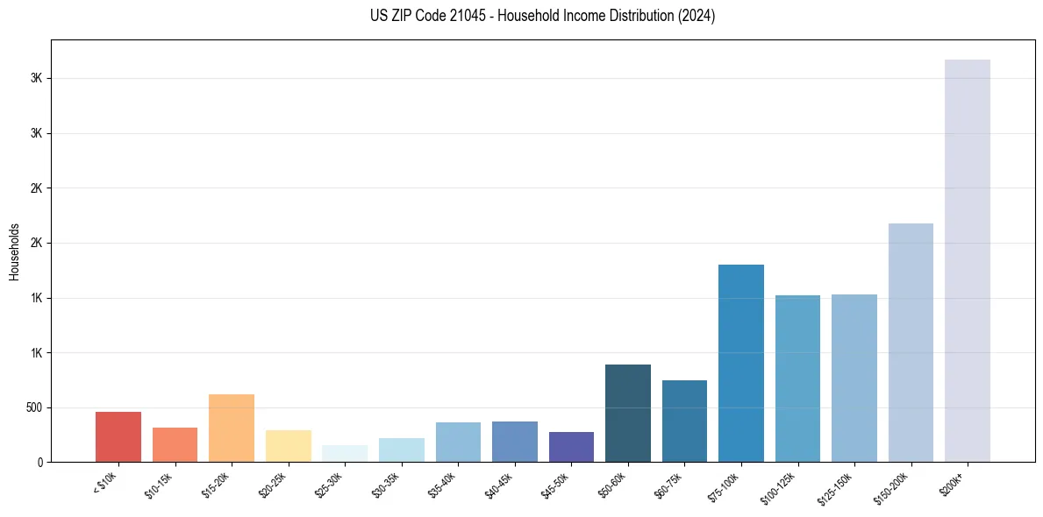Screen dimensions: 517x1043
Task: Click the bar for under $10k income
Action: tap(118, 436)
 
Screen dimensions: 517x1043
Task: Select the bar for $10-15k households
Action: tap(175, 444)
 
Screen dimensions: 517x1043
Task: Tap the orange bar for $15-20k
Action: tap(232, 428)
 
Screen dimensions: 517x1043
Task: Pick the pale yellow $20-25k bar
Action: tap(288, 446)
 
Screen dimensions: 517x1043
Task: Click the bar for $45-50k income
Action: tap(571, 447)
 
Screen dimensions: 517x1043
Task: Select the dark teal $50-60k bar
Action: tap(628, 413)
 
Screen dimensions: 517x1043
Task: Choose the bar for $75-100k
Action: tap(741, 363)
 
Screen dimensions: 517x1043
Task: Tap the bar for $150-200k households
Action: tap(911, 343)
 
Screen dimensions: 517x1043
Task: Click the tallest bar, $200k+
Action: tap(968, 260)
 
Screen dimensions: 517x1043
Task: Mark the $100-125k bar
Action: tap(797, 379)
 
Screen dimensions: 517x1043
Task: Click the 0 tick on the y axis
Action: tap(40, 462)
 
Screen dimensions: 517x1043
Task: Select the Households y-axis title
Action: tap(14, 251)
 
